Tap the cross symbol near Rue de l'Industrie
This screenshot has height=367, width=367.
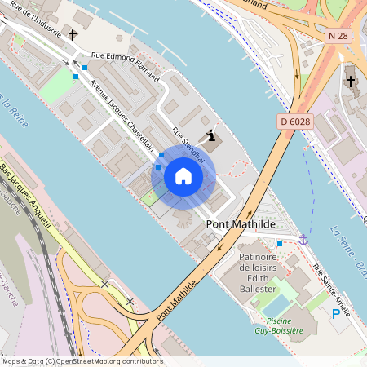click(73, 35)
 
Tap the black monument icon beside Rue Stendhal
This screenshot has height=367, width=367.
click(212, 136)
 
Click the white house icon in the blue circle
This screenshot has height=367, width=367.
click(183, 176)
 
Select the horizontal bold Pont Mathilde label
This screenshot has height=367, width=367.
click(241, 223)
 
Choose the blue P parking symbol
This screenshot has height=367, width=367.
click(335, 314)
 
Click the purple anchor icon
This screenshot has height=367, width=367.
click(303, 239)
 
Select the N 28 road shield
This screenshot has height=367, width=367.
click(338, 36)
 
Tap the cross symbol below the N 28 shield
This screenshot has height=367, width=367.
click(351, 81)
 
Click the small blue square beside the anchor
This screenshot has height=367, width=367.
click(280, 243)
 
